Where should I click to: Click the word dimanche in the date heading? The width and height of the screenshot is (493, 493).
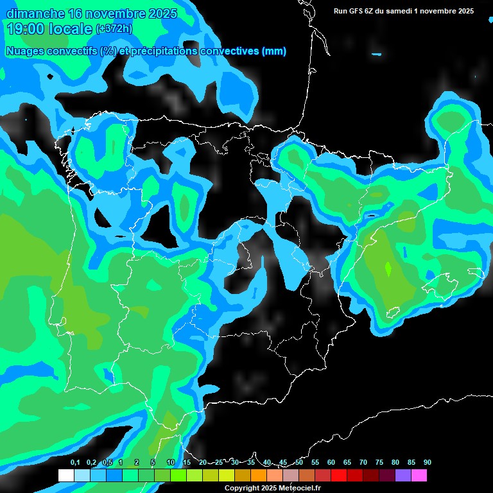point(35,14)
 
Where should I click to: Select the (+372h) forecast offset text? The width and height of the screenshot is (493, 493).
point(114,29)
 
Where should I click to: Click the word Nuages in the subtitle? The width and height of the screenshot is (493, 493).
point(26,51)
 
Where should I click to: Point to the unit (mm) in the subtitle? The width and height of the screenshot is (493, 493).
point(274,51)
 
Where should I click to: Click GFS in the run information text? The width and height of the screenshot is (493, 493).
point(357,11)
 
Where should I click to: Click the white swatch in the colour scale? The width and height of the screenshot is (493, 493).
point(65,476)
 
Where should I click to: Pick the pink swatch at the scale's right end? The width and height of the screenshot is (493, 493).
point(419,476)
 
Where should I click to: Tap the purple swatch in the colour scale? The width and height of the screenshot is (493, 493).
point(402,476)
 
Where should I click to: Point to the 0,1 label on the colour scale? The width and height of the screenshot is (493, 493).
point(75,463)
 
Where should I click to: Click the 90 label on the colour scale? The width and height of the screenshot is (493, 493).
point(427,463)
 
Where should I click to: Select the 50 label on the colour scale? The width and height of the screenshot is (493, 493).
point(299,463)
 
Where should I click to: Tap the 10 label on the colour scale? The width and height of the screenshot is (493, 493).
point(171,463)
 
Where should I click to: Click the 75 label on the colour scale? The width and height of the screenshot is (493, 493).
point(379,463)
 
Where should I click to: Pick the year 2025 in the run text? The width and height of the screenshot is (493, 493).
point(464,11)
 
